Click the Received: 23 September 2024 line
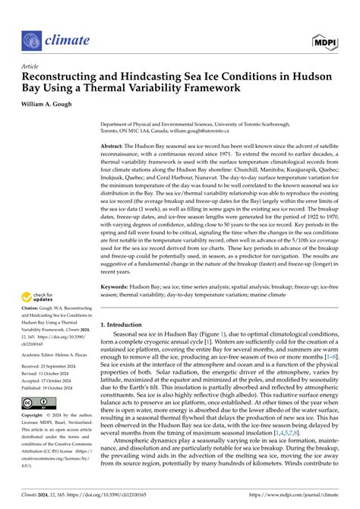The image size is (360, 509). pyautogui.click(x=52, y=366)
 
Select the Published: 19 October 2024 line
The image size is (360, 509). pyautogui.click(x=52, y=384)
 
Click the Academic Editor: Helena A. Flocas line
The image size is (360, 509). pyautogui.click(x=65, y=353)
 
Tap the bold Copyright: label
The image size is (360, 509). pyautogui.click(x=33, y=416)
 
